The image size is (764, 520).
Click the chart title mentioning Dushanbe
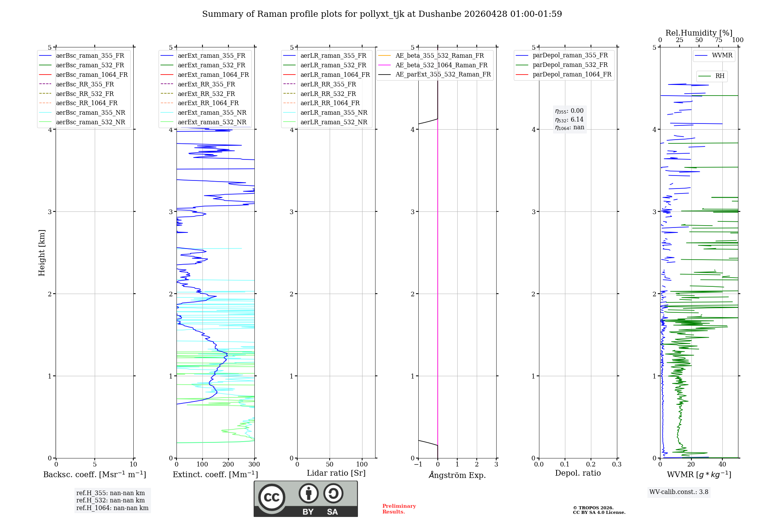(382, 14)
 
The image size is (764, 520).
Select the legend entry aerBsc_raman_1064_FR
(92, 75)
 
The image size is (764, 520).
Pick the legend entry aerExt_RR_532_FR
(206, 94)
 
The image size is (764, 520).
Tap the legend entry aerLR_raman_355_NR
(333, 113)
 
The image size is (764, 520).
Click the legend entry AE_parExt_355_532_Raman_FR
(443, 75)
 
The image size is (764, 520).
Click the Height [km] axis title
(42, 253)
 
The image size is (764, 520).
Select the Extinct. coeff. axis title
(215, 474)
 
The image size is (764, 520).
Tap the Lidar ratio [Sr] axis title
(336, 473)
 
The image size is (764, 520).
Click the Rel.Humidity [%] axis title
(699, 33)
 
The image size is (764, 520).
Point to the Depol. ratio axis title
(578, 473)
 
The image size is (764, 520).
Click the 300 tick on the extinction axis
(254, 465)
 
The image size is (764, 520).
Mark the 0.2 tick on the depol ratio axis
(591, 465)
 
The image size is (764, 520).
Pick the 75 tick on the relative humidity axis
(719, 40)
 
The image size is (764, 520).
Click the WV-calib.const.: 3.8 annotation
(679, 492)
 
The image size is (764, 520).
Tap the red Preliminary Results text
(399, 509)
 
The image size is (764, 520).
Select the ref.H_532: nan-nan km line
(110, 500)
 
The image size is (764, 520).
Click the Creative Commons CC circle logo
(272, 497)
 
